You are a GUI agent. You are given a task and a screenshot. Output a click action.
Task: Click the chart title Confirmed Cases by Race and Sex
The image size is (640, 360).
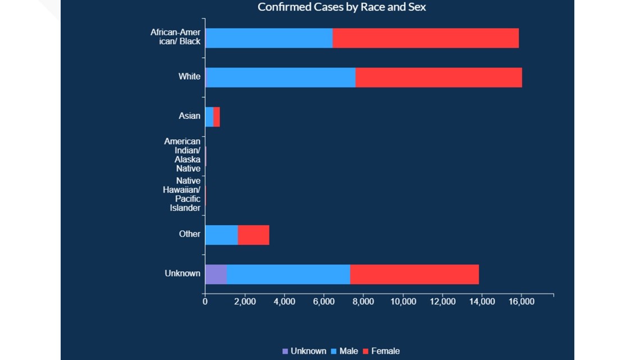coord(341,7)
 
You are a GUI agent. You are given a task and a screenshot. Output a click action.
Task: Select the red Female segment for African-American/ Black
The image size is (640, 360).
coord(426,38)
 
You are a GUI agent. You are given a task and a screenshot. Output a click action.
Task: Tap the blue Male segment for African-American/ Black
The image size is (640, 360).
coord(269,38)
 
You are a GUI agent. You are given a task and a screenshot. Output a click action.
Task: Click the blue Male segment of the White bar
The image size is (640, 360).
coord(281,78)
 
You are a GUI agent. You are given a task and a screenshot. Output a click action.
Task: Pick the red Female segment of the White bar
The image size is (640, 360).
coord(438,78)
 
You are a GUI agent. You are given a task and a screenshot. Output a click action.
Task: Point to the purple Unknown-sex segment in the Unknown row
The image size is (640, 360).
coord(216,274)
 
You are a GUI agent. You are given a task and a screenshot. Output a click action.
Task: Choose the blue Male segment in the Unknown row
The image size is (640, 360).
coord(288,274)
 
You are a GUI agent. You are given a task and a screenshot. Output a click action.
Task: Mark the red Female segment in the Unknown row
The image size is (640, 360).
coord(414,274)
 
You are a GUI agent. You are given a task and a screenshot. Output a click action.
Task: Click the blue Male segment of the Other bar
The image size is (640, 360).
coord(222,235)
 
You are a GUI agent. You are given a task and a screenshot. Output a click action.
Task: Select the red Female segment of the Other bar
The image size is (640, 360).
coord(253,235)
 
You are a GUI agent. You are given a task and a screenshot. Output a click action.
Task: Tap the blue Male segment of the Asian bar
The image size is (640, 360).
coord(209,117)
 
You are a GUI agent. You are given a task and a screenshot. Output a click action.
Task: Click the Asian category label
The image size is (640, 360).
coord(189,116)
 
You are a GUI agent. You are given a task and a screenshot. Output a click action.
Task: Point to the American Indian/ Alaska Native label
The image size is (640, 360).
coord(182,155)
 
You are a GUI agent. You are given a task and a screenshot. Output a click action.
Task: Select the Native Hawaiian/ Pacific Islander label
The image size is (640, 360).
coord(181,194)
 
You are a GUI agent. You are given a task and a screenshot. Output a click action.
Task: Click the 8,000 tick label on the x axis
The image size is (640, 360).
coord(363,302)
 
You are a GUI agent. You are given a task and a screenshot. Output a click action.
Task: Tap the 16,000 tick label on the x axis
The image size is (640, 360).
coord(522,302)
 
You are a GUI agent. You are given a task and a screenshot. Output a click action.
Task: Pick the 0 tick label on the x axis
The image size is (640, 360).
coord(205,302)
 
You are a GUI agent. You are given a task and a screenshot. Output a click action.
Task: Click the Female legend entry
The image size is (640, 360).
coord(385,351)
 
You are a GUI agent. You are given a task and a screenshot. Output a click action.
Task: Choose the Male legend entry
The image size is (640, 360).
coord(348,351)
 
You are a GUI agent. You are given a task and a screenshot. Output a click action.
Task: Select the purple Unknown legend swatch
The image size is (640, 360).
coord(285,352)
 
